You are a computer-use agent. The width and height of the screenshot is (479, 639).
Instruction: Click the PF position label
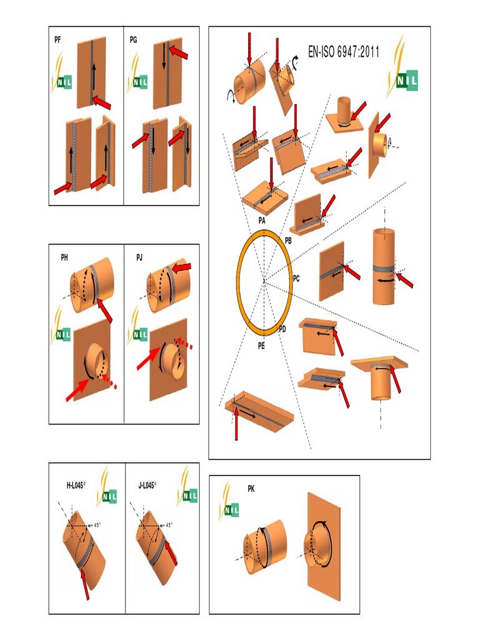58,39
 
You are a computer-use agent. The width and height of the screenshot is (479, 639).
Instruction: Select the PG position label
133,39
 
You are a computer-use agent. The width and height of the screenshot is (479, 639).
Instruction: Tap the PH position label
64,256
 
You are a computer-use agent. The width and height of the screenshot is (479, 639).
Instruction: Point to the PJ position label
140,256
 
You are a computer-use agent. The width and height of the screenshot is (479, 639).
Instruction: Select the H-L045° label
75,484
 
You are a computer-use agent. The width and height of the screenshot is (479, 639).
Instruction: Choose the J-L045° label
147,484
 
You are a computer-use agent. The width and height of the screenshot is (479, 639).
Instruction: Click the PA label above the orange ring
261,221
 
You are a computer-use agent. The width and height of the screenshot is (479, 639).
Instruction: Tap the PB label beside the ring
288,240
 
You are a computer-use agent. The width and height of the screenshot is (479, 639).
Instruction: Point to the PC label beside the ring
296,279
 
